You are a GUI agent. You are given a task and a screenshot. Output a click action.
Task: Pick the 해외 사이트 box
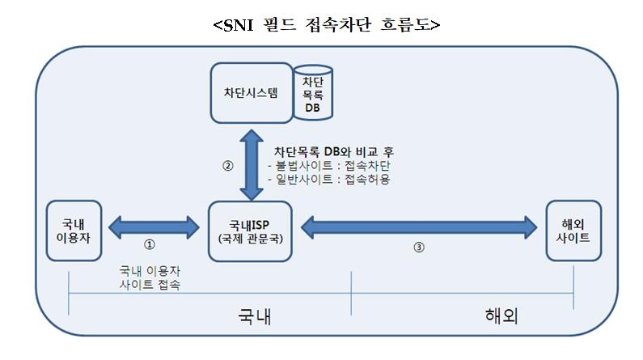pyautogui.click(x=573, y=230)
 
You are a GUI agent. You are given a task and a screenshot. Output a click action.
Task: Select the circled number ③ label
pyautogui.click(x=418, y=248)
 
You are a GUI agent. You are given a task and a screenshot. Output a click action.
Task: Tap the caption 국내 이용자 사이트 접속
pyautogui.click(x=150, y=278)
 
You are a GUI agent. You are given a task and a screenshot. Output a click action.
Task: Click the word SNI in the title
pyautogui.click(x=240, y=25)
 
